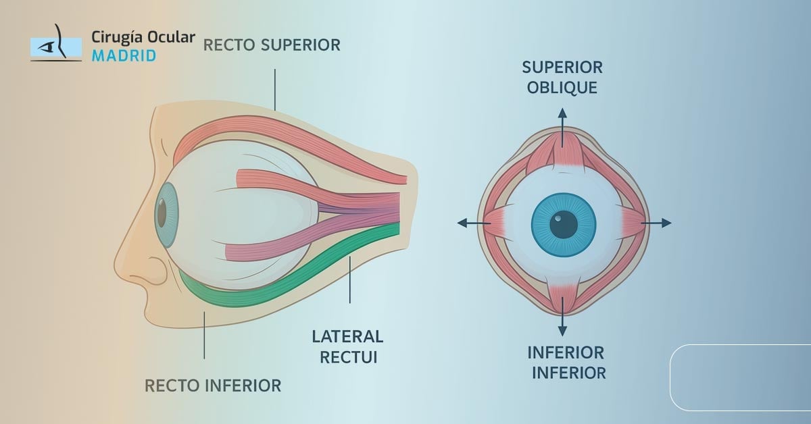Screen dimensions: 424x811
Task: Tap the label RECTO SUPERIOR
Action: [272, 45]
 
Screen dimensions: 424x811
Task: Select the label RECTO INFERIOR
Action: [213, 386]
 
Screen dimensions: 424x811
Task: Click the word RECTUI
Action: [347, 356]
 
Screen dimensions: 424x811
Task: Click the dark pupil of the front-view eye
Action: [564, 224]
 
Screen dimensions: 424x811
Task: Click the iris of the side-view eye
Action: [164, 213]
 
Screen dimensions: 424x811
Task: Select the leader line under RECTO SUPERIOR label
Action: [275, 88]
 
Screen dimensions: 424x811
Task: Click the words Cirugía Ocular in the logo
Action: [143, 38]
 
